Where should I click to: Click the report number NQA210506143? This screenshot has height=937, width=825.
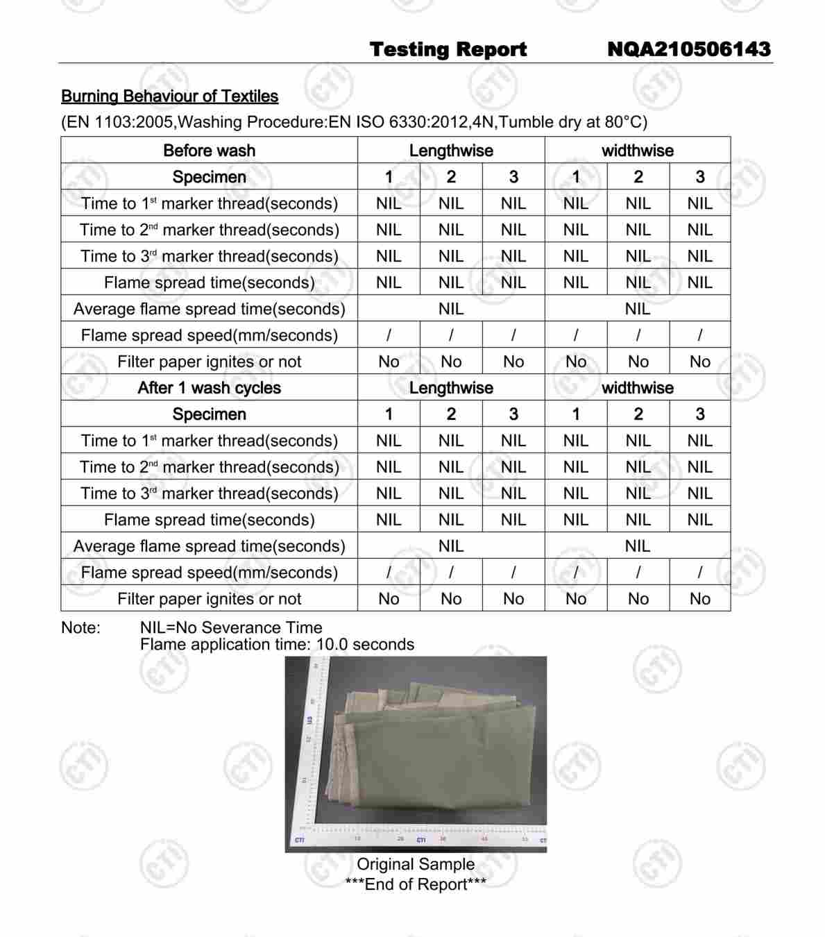(x=688, y=49)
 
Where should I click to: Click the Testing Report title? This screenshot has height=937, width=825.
(x=448, y=49)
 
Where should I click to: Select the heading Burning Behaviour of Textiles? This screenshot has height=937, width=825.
(x=169, y=96)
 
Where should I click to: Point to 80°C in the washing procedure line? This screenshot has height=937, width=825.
(x=622, y=122)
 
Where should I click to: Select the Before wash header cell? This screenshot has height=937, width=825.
(x=209, y=151)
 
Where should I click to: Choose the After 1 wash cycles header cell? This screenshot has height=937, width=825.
(x=209, y=388)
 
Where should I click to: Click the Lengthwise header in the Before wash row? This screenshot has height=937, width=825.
(x=451, y=151)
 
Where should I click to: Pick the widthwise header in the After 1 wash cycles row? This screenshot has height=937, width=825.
(x=637, y=388)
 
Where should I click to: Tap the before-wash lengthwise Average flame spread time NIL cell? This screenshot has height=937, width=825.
(x=451, y=309)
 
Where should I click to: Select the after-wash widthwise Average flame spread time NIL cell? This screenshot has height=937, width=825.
(x=637, y=546)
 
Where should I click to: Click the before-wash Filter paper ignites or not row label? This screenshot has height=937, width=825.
(x=209, y=362)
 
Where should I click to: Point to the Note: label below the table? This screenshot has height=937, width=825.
(x=80, y=628)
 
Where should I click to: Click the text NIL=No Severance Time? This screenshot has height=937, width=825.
(x=231, y=628)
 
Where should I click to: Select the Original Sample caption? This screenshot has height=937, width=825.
(x=416, y=864)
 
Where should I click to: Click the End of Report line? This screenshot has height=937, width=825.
(x=416, y=884)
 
